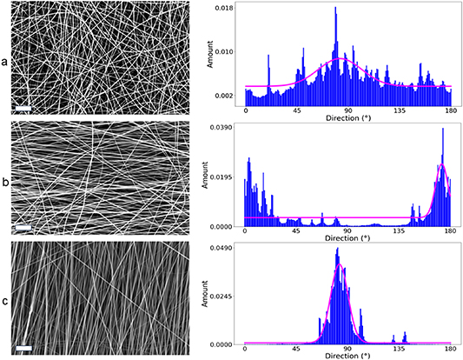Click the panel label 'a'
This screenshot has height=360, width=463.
[x=6, y=63]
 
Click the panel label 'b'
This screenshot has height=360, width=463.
[x=6, y=183]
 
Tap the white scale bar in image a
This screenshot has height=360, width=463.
[x=23, y=108]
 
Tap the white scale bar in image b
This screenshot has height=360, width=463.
[x=23, y=228]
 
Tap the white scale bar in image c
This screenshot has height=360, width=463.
[x=23, y=348]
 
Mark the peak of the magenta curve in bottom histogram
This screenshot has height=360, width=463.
[x=340, y=265]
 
